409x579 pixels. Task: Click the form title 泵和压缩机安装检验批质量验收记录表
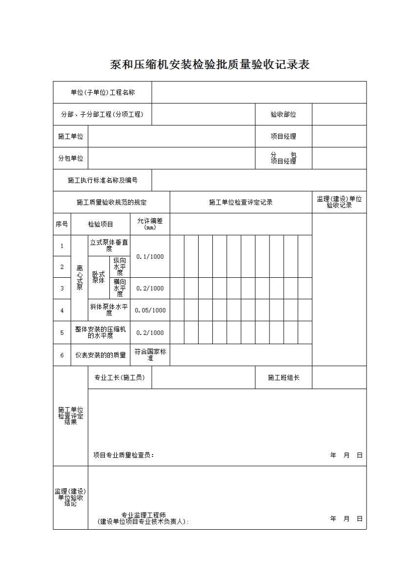point(210,64)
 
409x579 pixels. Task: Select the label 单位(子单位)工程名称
point(102,92)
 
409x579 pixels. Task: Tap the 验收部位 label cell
point(283,114)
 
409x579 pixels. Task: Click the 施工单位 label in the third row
point(70,136)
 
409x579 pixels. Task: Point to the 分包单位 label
point(70,158)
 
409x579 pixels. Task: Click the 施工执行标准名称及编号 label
point(102,180)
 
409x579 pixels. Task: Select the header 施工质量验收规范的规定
point(111,202)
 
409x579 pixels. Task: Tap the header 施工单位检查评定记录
point(241,202)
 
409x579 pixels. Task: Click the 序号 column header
point(62,224)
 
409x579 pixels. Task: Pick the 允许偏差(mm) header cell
point(150,224)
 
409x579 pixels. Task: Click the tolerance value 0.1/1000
point(150,257)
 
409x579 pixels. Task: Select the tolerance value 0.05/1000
point(150,310)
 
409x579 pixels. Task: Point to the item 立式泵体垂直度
point(109,245)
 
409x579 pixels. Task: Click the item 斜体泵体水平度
point(109,310)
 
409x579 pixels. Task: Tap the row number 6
point(62,355)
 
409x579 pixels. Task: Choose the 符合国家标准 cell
point(150,355)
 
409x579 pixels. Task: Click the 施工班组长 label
point(283,377)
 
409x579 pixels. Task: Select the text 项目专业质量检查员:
point(123,455)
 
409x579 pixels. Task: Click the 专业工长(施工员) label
point(120,377)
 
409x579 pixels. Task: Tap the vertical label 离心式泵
point(80,278)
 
